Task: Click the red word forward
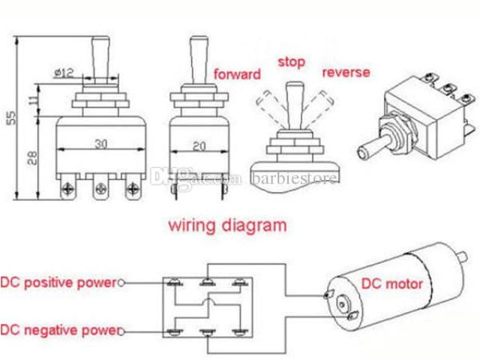238,74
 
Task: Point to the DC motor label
392,283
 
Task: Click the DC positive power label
58,283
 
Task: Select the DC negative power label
58,330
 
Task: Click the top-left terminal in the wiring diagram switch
175,283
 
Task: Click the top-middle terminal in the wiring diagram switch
207,283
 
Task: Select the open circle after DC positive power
121,283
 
